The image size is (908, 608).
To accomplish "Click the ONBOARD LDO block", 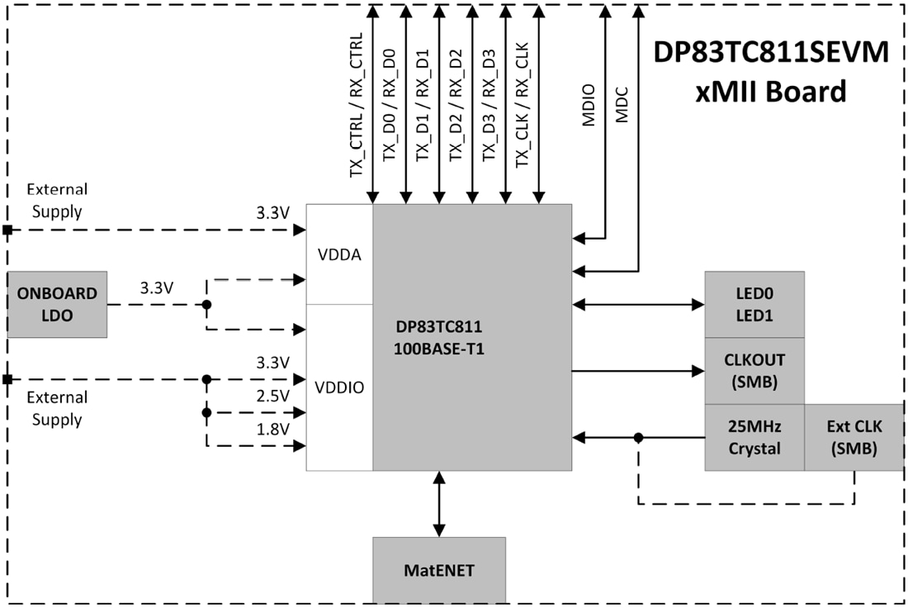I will pyautogui.click(x=57, y=304).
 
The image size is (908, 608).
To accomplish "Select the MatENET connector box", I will pyautogui.click(x=438, y=570).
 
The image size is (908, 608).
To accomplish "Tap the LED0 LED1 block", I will pyautogui.click(x=754, y=304).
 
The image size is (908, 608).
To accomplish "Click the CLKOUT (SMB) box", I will pyautogui.click(x=754, y=371).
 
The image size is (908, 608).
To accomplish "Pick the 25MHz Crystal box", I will pyautogui.click(x=754, y=438).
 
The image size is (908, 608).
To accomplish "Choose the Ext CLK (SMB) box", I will pyautogui.click(x=854, y=438).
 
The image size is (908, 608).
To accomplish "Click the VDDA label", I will pyautogui.click(x=339, y=254).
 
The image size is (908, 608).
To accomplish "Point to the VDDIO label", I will pyautogui.click(x=339, y=387).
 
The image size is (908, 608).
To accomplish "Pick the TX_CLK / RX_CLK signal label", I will pyautogui.click(x=522, y=107).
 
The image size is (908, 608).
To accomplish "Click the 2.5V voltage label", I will pyautogui.click(x=273, y=396).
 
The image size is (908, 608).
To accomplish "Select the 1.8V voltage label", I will pyautogui.click(x=273, y=429).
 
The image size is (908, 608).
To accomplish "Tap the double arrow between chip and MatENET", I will pyautogui.click(x=438, y=504).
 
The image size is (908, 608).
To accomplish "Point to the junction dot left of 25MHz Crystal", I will pyautogui.click(x=638, y=438).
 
